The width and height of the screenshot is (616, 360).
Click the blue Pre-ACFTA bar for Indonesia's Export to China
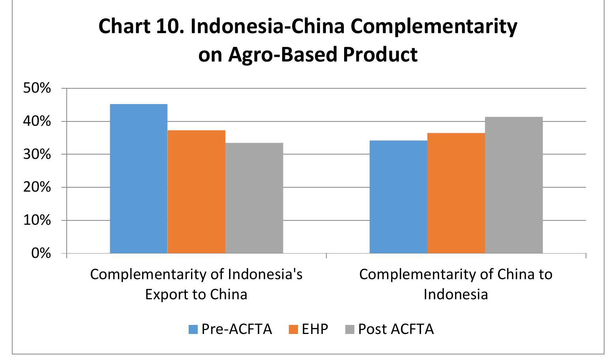click(139, 178)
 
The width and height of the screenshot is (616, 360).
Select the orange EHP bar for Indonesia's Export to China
click(196, 191)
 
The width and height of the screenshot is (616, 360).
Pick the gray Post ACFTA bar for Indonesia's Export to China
click(254, 198)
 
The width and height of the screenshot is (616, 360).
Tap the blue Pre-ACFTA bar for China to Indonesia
click(398, 196)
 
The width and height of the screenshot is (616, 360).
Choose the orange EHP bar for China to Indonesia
click(456, 193)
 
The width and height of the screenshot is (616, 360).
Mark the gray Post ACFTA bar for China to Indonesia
click(514, 185)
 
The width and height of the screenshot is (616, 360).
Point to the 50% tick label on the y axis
click(37, 88)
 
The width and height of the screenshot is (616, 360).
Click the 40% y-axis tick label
click(37, 121)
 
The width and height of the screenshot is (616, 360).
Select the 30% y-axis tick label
click(37, 154)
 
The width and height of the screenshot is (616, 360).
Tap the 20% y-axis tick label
click(37, 187)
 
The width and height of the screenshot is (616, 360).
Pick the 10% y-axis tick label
click(37, 220)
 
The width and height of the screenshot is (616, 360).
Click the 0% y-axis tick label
click(41, 253)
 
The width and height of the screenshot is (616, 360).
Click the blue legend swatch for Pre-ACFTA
click(193, 329)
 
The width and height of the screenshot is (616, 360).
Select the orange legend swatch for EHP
click(293, 329)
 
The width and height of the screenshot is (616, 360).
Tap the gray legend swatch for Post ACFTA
click(350, 329)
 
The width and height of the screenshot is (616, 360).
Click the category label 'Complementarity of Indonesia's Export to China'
click(196, 284)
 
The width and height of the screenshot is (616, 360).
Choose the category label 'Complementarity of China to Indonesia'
click(456, 284)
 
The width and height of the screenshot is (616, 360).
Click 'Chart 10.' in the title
click(141, 27)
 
